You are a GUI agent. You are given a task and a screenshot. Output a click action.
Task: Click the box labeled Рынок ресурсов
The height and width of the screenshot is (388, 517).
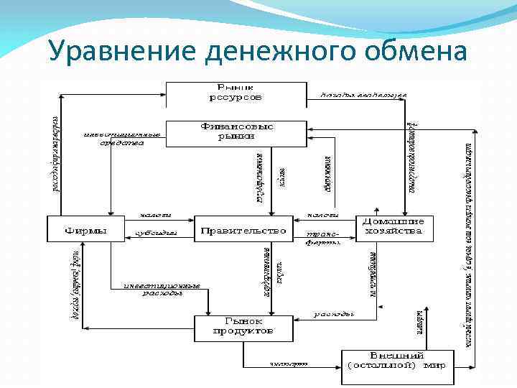coord(236,91)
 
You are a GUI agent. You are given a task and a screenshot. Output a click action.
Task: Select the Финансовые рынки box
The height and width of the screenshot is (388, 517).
coord(236,131)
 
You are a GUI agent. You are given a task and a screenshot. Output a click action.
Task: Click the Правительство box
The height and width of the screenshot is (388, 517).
coord(243,230)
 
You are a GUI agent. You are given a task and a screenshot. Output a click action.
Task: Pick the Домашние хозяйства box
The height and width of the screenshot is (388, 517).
coord(396,226)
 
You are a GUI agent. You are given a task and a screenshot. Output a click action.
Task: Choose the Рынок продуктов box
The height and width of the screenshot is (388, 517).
coord(243,326)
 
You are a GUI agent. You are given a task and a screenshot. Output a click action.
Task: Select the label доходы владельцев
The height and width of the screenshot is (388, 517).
coord(363,95)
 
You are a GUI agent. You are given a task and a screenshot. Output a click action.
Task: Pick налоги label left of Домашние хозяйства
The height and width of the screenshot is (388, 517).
coord(323,214)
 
